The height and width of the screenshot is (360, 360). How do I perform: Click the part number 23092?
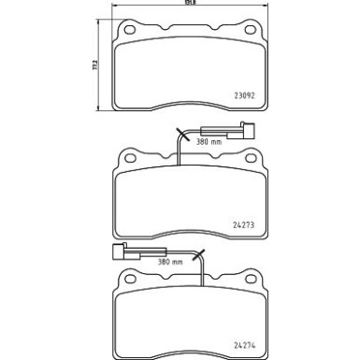[x=245, y=94]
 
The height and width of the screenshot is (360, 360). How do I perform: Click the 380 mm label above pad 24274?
[x=143, y=263]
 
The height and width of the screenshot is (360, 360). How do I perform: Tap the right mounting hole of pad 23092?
[x=251, y=35]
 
